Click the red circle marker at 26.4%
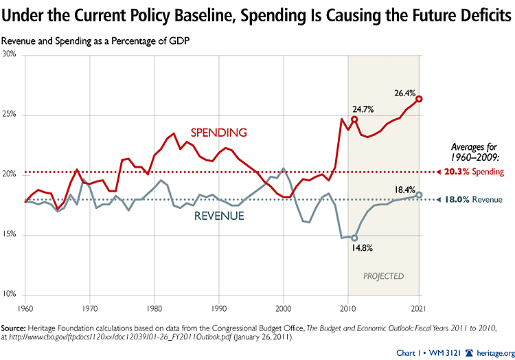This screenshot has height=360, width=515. coord(419,99)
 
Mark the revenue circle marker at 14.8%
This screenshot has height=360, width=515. coord(354,238)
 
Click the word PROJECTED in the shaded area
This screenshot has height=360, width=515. coord(383,276)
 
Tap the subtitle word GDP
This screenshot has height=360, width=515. coord(179,40)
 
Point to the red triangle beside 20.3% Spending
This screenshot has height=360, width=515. coord(439,172)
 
